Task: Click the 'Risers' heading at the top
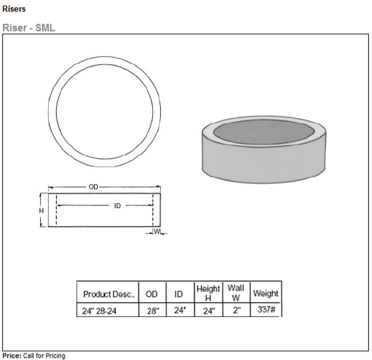[x=14, y=9]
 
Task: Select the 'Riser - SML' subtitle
[x=29, y=28]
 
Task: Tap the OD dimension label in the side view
[x=93, y=187]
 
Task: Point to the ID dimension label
[x=118, y=205]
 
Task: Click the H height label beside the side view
[x=41, y=211]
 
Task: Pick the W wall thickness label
[x=157, y=231]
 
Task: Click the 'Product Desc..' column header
[x=109, y=294]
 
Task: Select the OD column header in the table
[x=152, y=294]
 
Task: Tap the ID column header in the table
[x=179, y=294]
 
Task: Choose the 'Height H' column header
[x=208, y=293]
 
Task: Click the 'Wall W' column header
[x=236, y=293]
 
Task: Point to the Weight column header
[x=266, y=293]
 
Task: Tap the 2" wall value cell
[x=236, y=311]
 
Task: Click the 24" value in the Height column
[x=208, y=311]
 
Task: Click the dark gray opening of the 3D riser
[x=264, y=132]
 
